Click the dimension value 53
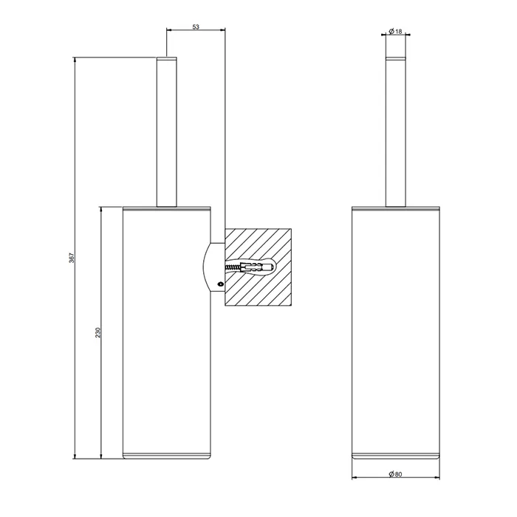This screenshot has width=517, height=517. point(196,27)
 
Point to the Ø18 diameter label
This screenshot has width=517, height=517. point(395,31)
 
